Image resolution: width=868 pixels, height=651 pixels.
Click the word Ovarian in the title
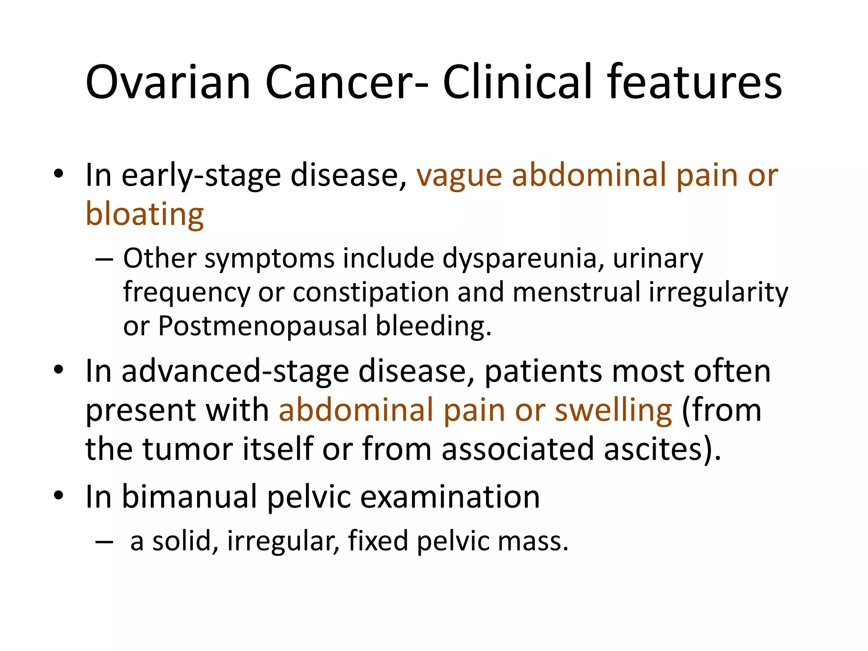tap(168, 82)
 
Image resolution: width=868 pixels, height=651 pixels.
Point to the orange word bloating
tap(145, 214)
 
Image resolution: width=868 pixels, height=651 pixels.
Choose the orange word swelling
tap(613, 410)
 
